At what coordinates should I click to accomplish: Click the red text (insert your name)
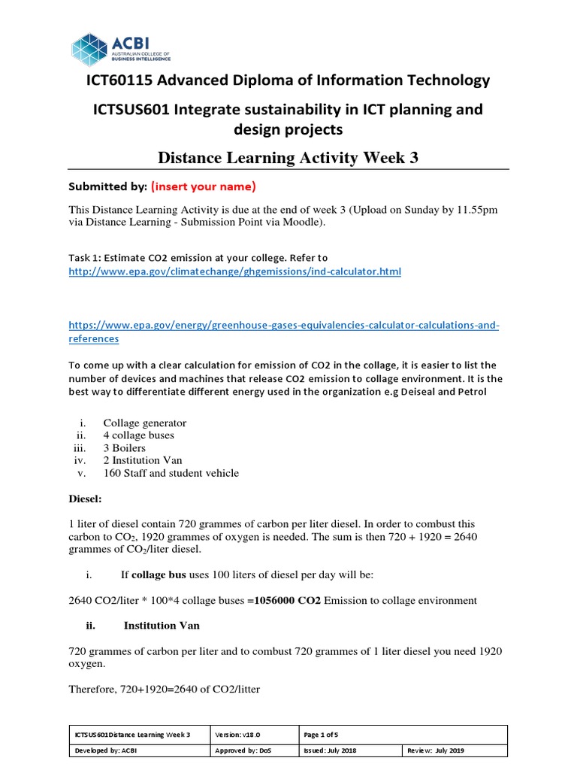coord(204,186)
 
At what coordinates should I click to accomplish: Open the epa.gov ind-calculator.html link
coord(234,271)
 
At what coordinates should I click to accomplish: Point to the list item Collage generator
coord(144,423)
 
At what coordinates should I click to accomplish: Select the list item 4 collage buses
coord(138,435)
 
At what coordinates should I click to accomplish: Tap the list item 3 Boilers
coord(124,447)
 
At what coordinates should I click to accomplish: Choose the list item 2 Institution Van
coord(143,460)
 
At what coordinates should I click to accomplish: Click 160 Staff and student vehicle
coord(171,473)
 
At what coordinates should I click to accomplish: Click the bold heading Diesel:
coord(84,498)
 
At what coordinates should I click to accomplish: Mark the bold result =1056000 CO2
coord(284,600)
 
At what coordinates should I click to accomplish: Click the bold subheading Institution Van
coord(162,625)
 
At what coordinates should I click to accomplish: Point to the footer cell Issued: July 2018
coord(331,750)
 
